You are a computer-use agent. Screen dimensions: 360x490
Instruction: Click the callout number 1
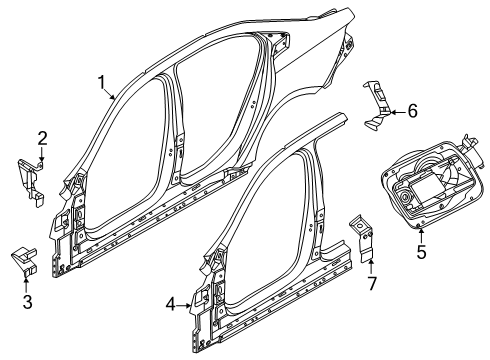coord(101,83)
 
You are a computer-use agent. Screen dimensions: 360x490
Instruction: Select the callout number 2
coord(43,137)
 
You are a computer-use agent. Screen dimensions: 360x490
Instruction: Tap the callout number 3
coord(26,301)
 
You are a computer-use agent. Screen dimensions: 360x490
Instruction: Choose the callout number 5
coord(421,252)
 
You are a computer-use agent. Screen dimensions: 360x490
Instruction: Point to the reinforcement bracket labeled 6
coord(380,105)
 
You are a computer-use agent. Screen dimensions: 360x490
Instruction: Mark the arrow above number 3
coord(26,284)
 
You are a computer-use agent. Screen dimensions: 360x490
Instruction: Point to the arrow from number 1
coord(113,94)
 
